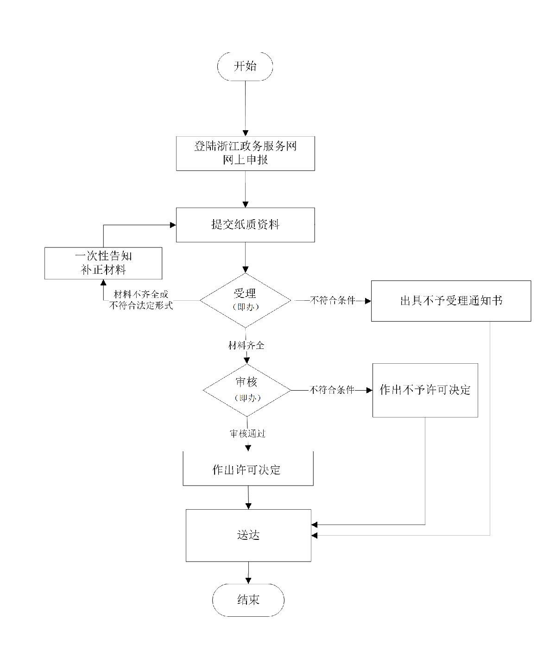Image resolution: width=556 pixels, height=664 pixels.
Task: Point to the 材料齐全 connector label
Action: coord(246,345)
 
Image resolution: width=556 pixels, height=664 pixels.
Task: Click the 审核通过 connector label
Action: coord(247,433)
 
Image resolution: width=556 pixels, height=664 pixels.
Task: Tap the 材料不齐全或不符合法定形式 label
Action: coord(141,300)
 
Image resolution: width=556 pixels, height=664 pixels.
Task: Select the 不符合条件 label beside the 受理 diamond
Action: coord(332,300)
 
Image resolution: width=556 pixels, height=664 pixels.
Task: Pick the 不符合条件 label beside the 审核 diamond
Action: coord(332,390)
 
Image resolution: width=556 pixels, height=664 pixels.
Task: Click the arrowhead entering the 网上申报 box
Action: coord(245,133)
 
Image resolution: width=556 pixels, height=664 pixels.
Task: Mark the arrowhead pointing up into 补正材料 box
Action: coord(103,282)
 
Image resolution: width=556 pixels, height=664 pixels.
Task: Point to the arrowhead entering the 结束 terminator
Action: coord(248,581)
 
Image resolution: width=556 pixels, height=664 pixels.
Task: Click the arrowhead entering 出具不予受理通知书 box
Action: coord(368,301)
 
